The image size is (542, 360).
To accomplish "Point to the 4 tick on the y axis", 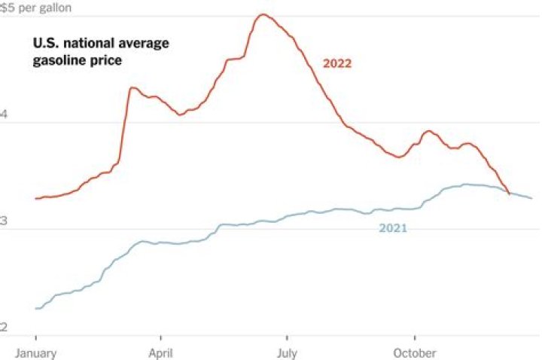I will coord(4,114).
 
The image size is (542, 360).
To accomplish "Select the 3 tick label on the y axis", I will coord(4,221).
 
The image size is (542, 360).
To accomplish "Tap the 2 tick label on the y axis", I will coord(4,328).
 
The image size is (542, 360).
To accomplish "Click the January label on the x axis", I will coord(35,352).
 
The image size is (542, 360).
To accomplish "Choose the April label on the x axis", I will coord(160,352).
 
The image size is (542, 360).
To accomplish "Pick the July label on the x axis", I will coord(287,352).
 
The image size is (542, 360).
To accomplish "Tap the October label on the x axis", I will coord(413,352).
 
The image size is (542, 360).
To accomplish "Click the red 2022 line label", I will coord(337,63).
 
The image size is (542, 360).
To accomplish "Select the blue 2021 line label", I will coord(392,227).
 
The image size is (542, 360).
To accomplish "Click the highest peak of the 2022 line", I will coord(263,14).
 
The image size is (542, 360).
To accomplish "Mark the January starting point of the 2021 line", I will coord(36,309).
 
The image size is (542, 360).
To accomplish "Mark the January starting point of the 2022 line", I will coord(36,199).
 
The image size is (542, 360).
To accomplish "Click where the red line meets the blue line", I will coord(510,194).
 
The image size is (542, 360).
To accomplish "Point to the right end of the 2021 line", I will coord(532,198).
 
